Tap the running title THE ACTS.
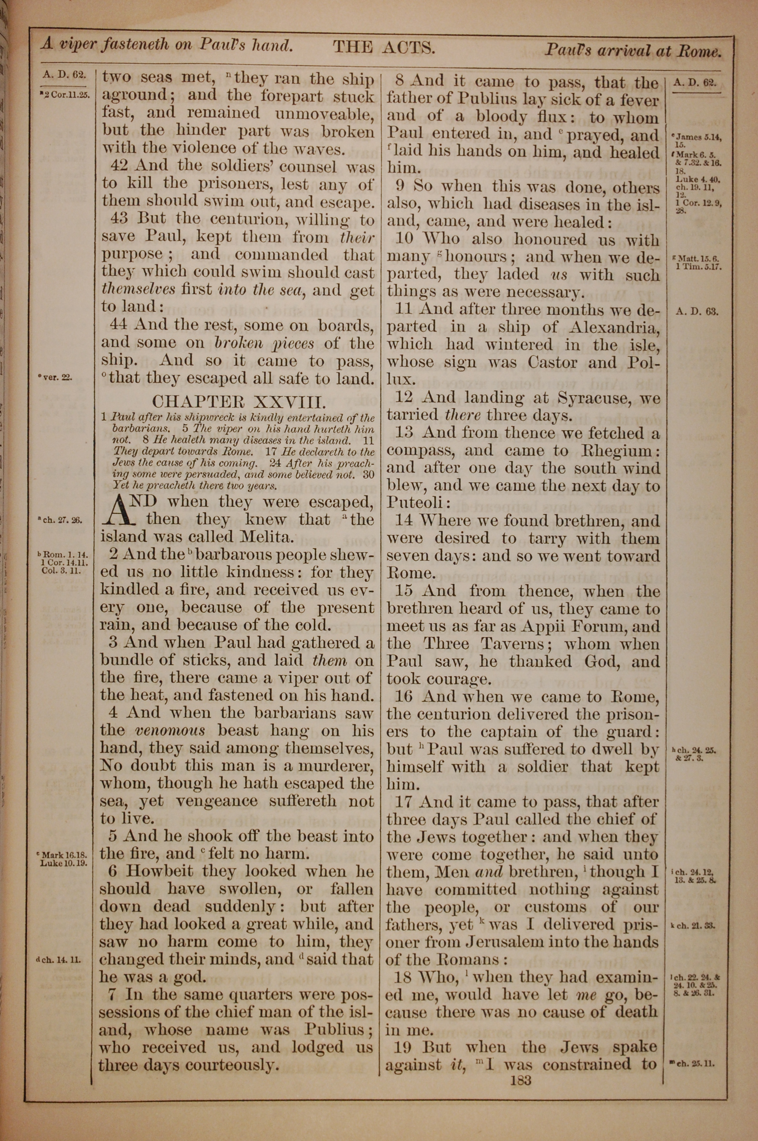(x=384, y=47)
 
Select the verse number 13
(x=404, y=433)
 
